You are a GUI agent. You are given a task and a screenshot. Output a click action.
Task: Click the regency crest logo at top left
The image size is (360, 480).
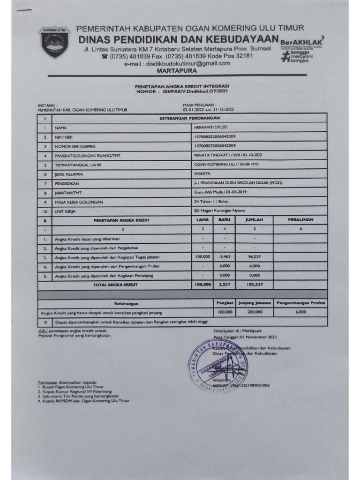(54, 43)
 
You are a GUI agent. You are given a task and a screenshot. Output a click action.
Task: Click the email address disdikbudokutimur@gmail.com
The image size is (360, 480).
(188, 63)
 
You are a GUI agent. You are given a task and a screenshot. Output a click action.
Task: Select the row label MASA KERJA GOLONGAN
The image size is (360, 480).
(78, 202)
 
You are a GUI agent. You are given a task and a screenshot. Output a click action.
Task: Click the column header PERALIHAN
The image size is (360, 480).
(300, 219)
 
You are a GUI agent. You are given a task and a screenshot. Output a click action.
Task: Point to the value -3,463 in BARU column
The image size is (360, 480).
(225, 257)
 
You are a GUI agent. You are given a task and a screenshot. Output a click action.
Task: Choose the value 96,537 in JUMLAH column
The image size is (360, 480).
(255, 257)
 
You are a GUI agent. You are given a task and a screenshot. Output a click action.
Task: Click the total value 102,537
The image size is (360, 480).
(255, 284)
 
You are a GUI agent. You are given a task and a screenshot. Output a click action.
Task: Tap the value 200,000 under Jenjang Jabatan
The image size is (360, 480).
(255, 311)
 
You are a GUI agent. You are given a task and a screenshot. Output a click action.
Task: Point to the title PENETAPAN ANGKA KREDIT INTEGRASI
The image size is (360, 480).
(182, 87)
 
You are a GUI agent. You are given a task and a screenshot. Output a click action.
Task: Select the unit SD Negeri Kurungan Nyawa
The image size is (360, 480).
(219, 211)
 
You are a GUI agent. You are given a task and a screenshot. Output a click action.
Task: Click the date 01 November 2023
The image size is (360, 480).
(258, 337)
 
